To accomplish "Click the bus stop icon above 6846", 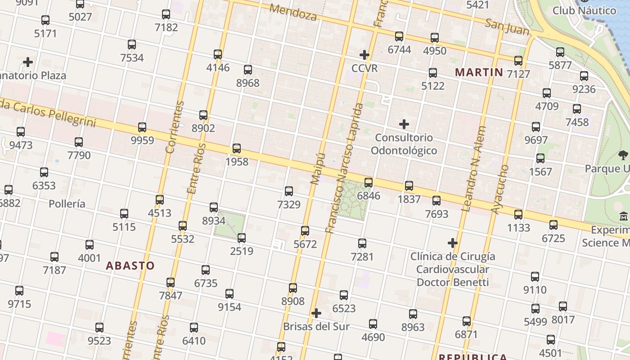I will tap(369, 182).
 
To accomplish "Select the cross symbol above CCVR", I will tap(364, 55).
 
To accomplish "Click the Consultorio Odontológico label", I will tap(404, 144).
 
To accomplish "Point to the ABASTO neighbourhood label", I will tap(130, 265).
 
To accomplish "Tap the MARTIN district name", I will tap(479, 72).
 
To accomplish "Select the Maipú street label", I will tap(318, 168).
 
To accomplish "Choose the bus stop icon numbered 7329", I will tap(289, 191).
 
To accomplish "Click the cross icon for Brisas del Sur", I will tap(316, 313).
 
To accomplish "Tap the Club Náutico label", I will tap(584, 10).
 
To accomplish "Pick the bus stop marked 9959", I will tap(142, 127).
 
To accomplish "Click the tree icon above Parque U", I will tap(623, 156).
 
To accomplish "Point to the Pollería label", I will tap(67, 204).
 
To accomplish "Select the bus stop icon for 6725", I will tap(553, 225).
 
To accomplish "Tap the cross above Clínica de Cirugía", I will tap(453, 243).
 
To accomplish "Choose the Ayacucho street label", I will tap(499, 189).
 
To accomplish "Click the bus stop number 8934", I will tap(214, 207).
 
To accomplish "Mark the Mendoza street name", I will tap(293, 13).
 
